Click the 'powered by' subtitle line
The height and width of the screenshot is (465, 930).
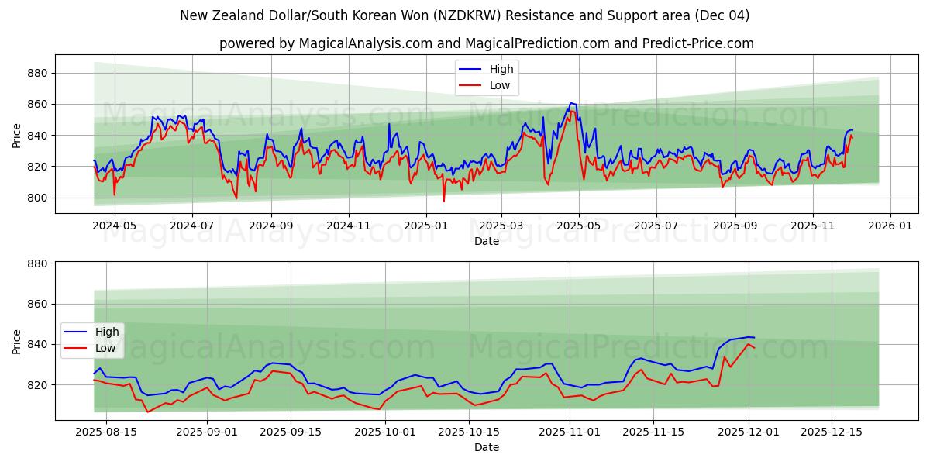pos(486,43)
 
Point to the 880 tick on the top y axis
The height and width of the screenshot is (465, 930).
pos(38,73)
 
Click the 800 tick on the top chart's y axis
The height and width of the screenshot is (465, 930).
pos(38,198)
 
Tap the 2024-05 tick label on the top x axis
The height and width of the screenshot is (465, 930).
pos(114,226)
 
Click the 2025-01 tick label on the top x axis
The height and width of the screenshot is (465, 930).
pos(425,226)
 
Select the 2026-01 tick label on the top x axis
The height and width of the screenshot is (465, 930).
pos(890,226)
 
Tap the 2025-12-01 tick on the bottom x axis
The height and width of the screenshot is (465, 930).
pos(748,432)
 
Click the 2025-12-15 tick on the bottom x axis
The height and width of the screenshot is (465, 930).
pos(831,432)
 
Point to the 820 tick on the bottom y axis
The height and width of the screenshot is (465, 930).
pos(38,385)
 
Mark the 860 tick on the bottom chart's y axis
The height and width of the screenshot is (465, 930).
pos(38,304)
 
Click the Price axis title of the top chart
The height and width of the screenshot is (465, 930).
pos(17,135)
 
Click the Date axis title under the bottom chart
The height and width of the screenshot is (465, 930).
pos(486,447)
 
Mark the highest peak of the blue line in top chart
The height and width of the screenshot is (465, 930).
pos(571,103)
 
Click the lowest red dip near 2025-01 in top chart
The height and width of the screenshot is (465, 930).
pos(444,201)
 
